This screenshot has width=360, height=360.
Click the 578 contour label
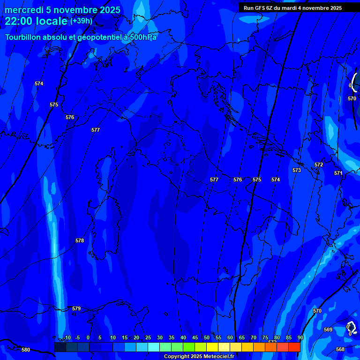[x=80, y=240]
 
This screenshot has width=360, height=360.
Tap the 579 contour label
[x=76, y=308]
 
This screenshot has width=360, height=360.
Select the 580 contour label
[x=26, y=350]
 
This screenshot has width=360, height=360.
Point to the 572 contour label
[x=319, y=165]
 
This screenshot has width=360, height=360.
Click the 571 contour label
[x=338, y=173]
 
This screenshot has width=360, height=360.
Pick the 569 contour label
[x=328, y=330]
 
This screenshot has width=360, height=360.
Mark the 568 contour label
[x=340, y=349]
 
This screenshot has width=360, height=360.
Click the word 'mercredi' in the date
[x=24, y=10]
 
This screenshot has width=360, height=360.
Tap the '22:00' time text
[x=18, y=21]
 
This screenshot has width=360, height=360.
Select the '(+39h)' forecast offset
[x=81, y=21]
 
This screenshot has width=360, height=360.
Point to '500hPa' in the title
[x=142, y=37]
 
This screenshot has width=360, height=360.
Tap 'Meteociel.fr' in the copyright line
[x=218, y=357]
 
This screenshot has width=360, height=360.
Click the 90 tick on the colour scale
[x=300, y=337]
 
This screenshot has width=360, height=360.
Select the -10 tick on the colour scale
[x=67, y=337]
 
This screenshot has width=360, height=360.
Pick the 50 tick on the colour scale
[x=207, y=337]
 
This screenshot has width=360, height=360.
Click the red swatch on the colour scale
[x=294, y=347]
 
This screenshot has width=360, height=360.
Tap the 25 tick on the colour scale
[x=148, y=337]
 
